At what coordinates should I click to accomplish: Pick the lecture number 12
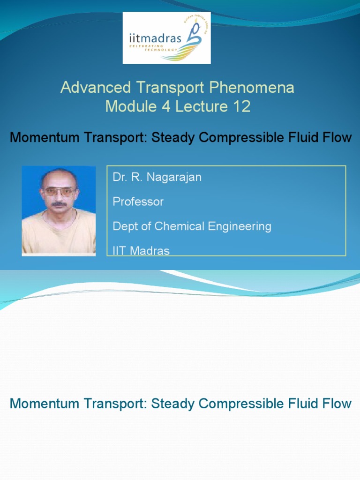click(x=240, y=106)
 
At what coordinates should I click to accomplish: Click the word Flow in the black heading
click(x=337, y=137)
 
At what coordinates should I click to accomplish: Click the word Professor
click(x=138, y=202)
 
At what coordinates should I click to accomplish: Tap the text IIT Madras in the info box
click(x=141, y=251)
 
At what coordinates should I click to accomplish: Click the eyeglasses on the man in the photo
click(x=59, y=191)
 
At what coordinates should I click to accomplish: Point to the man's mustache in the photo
click(x=59, y=204)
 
